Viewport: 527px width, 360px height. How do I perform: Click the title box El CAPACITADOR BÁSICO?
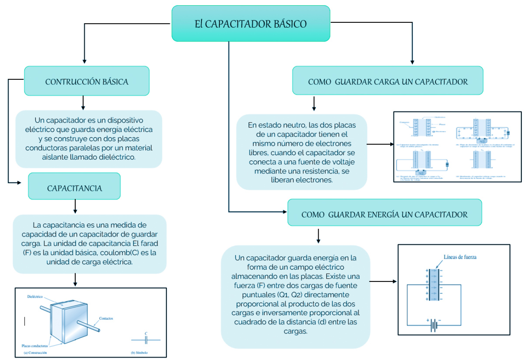pos(250,24)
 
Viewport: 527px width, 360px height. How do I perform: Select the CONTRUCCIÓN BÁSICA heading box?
pos(87,81)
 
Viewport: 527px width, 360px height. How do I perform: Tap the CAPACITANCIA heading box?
pos(74,188)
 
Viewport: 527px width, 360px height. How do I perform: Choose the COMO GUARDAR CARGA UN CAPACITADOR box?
pos(387,81)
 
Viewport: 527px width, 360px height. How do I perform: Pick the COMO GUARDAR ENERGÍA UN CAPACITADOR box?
pos(384,214)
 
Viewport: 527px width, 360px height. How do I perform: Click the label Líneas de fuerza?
pos(459,257)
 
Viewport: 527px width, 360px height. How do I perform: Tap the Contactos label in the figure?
pos(106,318)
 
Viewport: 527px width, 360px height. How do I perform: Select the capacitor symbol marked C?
pos(146,339)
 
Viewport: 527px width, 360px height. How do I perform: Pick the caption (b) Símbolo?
pos(139,353)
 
